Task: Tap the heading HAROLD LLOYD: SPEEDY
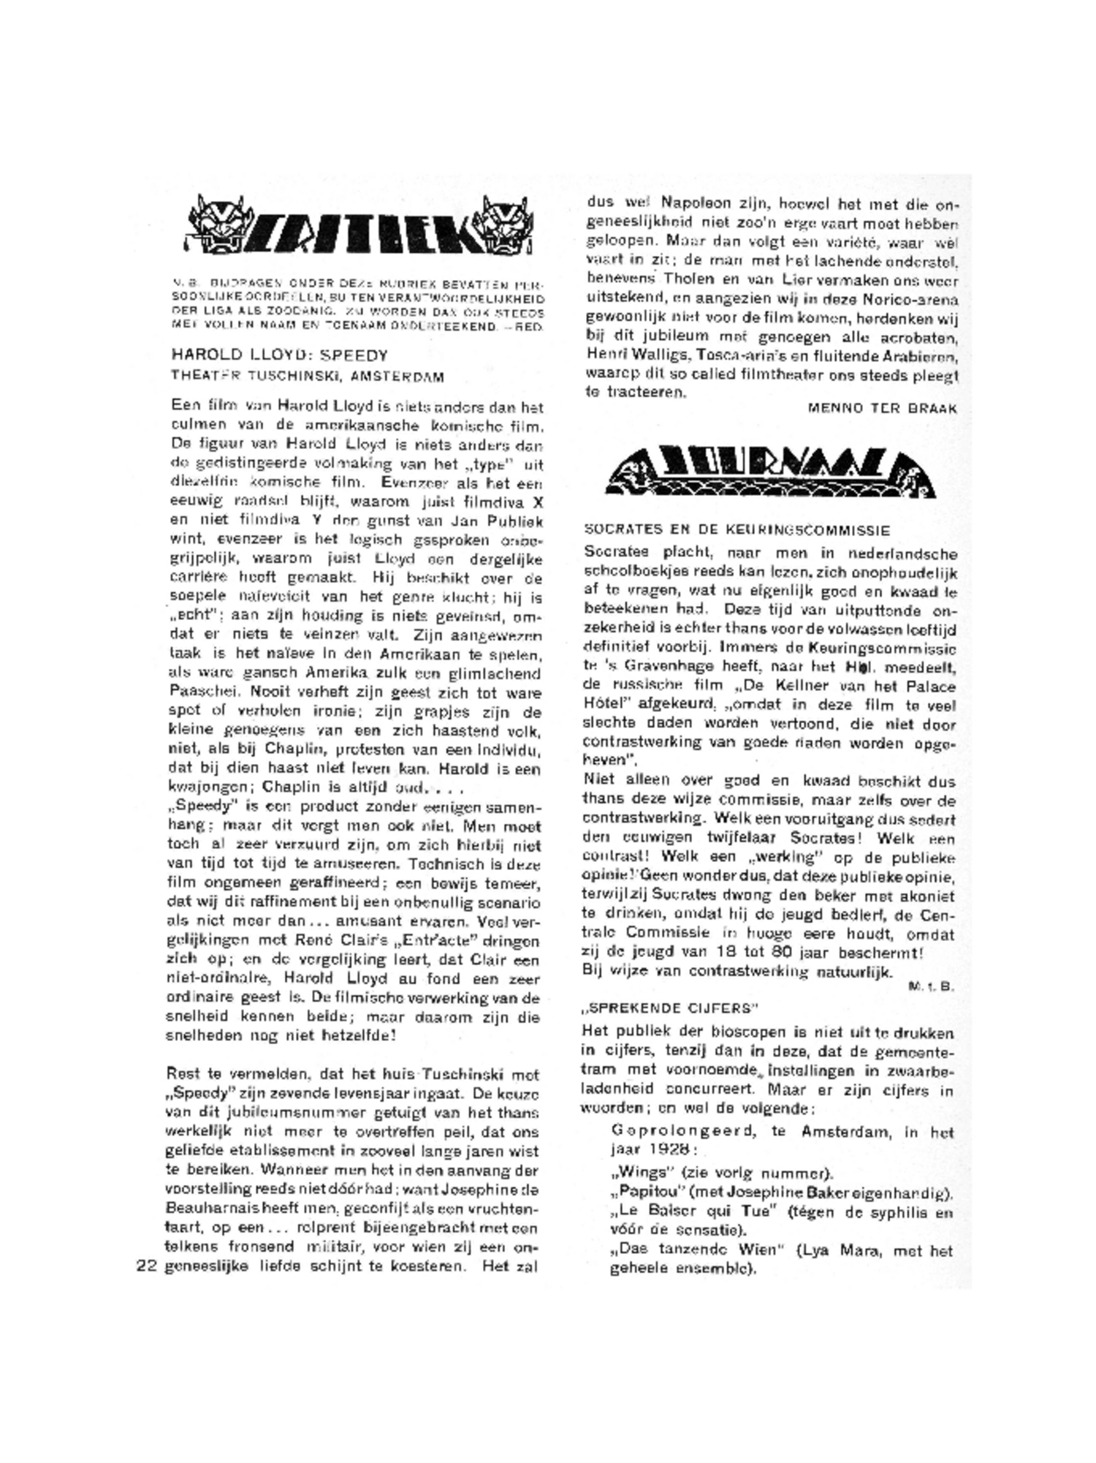(280, 355)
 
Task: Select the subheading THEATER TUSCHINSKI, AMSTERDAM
(308, 377)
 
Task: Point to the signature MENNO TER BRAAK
(882, 409)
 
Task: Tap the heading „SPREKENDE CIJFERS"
(670, 1008)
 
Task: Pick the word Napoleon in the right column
(695, 203)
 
